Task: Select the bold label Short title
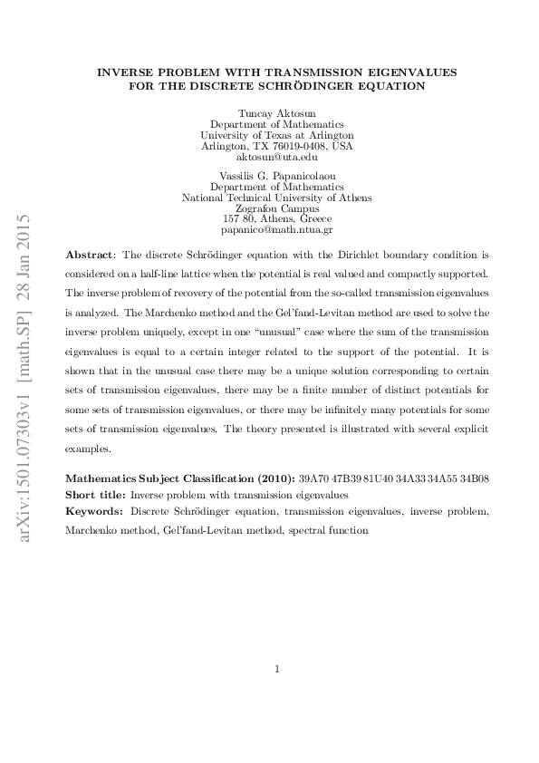[95, 496]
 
